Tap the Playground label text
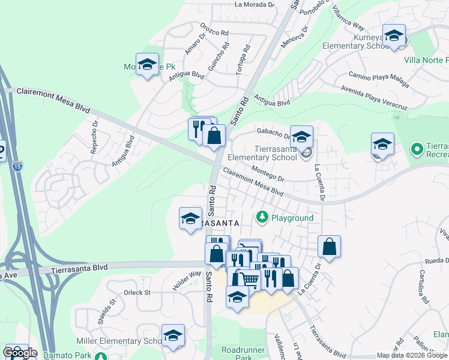(x=292, y=217)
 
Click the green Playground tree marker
(x=262, y=216)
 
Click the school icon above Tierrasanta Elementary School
(x=302, y=136)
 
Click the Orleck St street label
(x=137, y=293)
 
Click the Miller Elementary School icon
(x=173, y=335)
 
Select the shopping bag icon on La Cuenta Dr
(x=329, y=246)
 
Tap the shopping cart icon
(x=250, y=278)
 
